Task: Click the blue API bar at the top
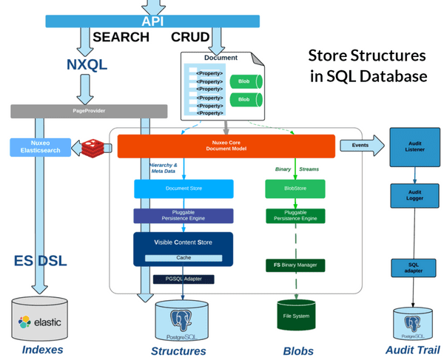(152, 21)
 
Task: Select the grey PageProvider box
(88, 112)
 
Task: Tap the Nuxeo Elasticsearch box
(41, 147)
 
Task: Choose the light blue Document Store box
(183, 189)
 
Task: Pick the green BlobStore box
(295, 189)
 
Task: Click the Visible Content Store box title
(183, 242)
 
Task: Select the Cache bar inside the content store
(183, 258)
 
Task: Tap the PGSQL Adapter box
(183, 279)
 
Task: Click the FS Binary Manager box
(295, 265)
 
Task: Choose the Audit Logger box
(415, 197)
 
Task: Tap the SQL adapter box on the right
(415, 268)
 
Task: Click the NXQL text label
(84, 64)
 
